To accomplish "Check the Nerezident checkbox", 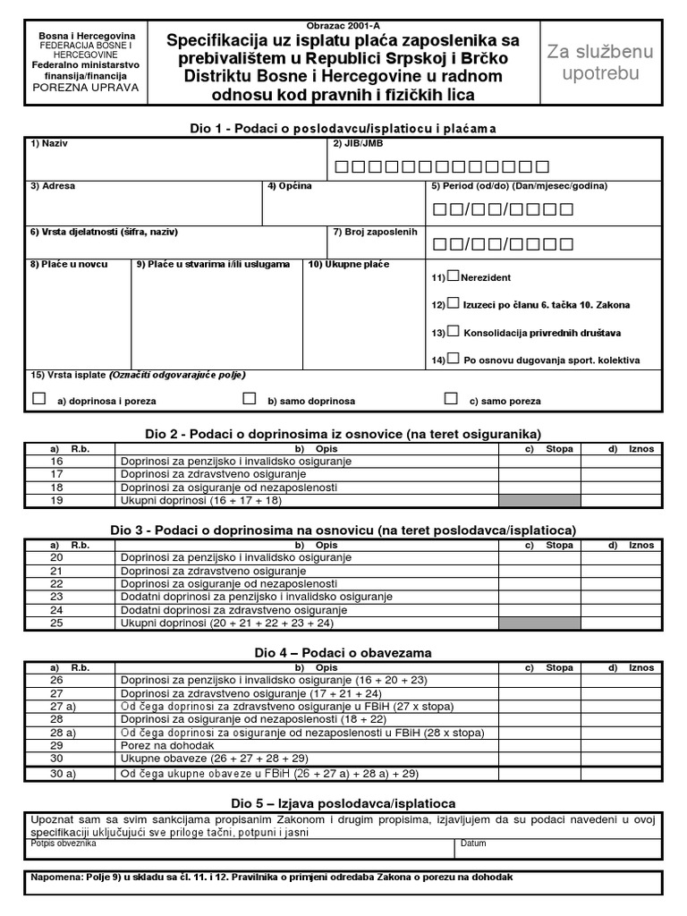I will (454, 276).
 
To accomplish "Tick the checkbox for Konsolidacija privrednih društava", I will (454, 331).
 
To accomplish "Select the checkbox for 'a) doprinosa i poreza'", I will (38, 399).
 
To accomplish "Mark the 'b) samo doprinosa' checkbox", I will (250, 399).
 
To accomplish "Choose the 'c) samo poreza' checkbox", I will (451, 399).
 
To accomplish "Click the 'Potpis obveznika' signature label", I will (63, 843).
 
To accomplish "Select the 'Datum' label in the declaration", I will (474, 843).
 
